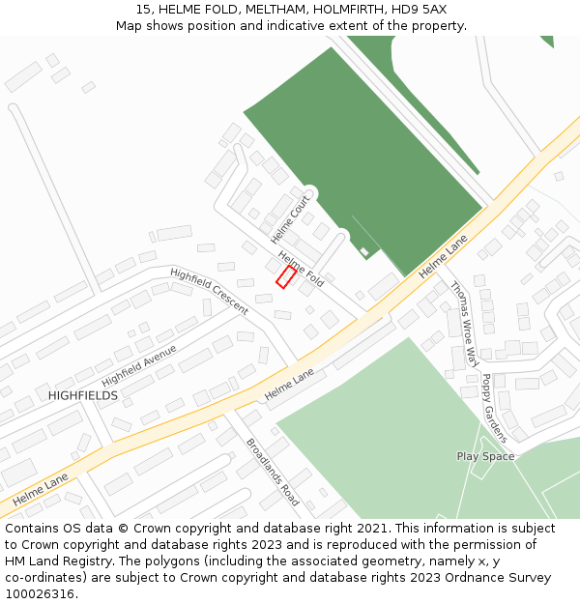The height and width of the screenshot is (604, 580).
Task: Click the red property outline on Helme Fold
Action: click(x=286, y=277)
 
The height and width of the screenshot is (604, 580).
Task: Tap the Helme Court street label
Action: click(x=290, y=219)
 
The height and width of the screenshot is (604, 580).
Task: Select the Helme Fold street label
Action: click(x=301, y=268)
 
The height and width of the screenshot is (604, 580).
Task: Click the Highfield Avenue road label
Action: click(x=139, y=364)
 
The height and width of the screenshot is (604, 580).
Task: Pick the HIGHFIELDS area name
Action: click(x=83, y=396)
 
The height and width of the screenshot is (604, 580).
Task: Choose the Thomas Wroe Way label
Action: click(x=465, y=324)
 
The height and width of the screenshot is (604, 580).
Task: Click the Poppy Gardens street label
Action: click(x=494, y=408)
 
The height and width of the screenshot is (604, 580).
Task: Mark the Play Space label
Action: click(x=485, y=456)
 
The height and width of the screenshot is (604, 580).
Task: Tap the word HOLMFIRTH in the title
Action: click(x=347, y=9)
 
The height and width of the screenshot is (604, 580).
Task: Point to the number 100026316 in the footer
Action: click(x=40, y=593)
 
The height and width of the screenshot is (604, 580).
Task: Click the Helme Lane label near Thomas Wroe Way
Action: click(x=443, y=260)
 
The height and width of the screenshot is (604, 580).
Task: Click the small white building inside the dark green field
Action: click(x=364, y=252)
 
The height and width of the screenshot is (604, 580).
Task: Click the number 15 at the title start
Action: click(x=142, y=9)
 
